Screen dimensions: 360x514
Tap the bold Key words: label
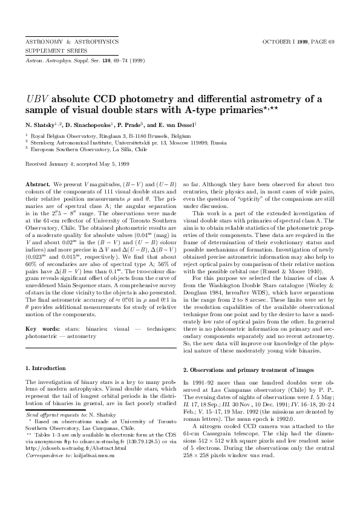41,329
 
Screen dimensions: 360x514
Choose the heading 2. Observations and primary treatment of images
249,369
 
